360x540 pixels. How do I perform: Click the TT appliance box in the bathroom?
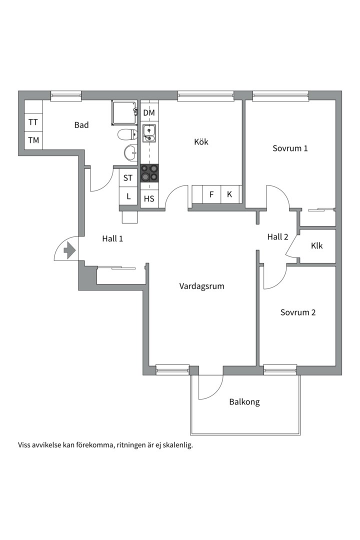coord(33,122)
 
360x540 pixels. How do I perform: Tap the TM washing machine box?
coord(33,140)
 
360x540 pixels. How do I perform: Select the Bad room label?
coord(81,125)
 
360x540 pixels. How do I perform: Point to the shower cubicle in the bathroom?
coord(124,112)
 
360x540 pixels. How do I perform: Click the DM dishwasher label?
coord(149,112)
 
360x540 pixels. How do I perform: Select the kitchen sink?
coord(149,133)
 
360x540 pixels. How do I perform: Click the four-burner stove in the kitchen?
coord(149,173)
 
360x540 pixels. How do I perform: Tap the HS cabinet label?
coord(149,198)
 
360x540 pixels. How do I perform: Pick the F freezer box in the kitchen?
coord(211,194)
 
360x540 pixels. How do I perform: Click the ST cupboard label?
coord(128,177)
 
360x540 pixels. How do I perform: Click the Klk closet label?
coord(316,245)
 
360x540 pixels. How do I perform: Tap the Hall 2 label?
coord(277,236)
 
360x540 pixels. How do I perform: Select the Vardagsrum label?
coord(202,286)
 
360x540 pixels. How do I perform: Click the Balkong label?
coord(244,402)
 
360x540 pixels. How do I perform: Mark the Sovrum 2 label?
coord(298,312)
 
